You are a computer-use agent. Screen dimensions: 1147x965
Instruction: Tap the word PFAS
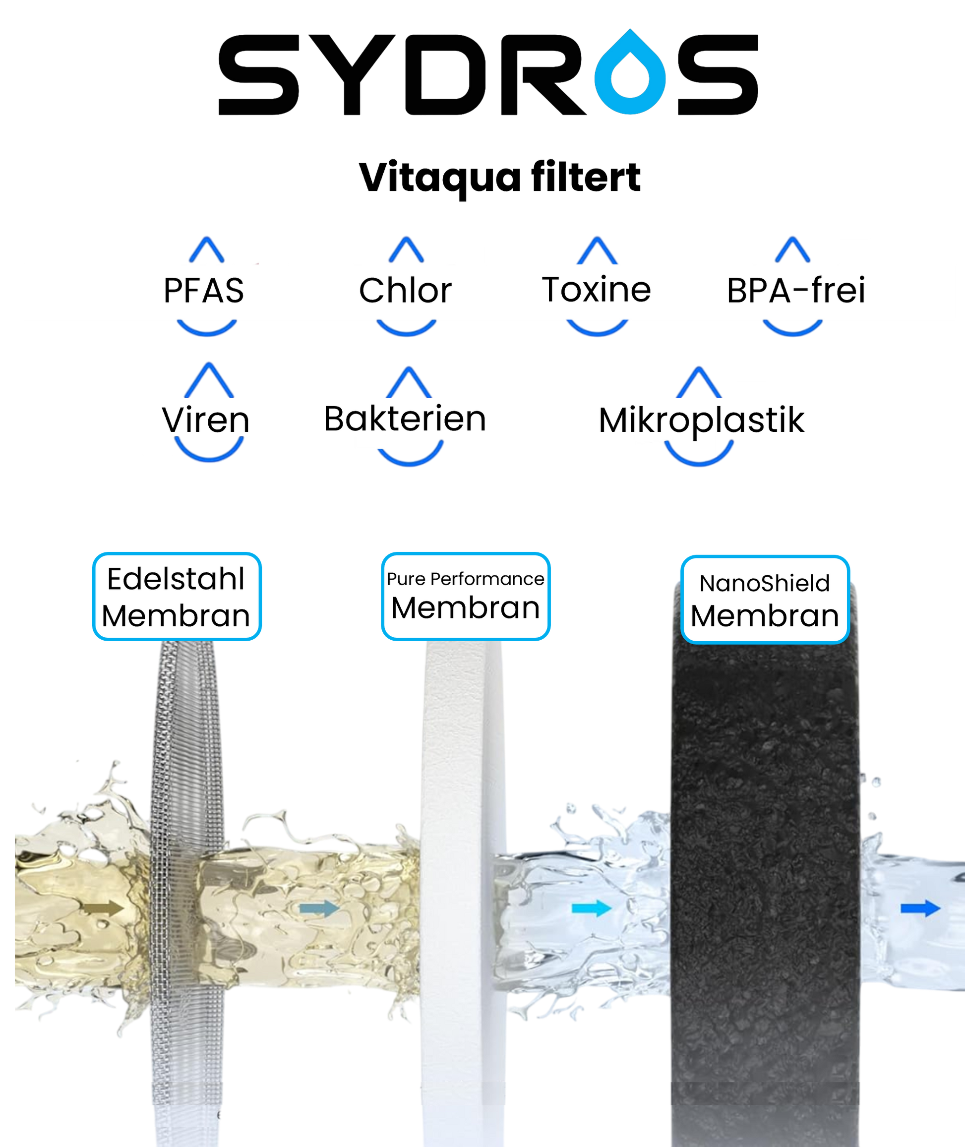[x=203, y=291]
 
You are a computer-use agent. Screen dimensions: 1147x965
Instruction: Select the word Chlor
[x=405, y=291]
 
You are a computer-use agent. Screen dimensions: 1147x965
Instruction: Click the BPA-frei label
[x=796, y=291]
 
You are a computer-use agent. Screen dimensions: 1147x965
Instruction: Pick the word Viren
[x=206, y=420]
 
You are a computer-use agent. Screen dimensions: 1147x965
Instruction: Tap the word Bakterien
[x=405, y=419]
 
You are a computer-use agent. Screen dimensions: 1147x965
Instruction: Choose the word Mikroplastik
[x=701, y=420]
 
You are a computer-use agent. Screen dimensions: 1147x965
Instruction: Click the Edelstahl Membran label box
[x=176, y=596]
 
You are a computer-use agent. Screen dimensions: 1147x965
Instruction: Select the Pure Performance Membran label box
[x=466, y=596]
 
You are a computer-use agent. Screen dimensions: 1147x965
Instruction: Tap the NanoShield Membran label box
[x=765, y=599]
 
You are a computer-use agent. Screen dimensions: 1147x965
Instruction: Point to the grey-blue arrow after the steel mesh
[x=319, y=908]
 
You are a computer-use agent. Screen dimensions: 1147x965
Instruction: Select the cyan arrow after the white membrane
[x=591, y=908]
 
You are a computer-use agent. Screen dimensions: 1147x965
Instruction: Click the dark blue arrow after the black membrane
[x=920, y=908]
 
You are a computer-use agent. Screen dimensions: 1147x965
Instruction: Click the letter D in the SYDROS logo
[x=446, y=74]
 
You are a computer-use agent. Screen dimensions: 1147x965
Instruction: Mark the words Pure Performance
[x=466, y=579]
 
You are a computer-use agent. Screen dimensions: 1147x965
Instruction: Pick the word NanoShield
[x=765, y=584]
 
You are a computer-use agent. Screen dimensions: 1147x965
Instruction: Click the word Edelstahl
[x=176, y=579]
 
